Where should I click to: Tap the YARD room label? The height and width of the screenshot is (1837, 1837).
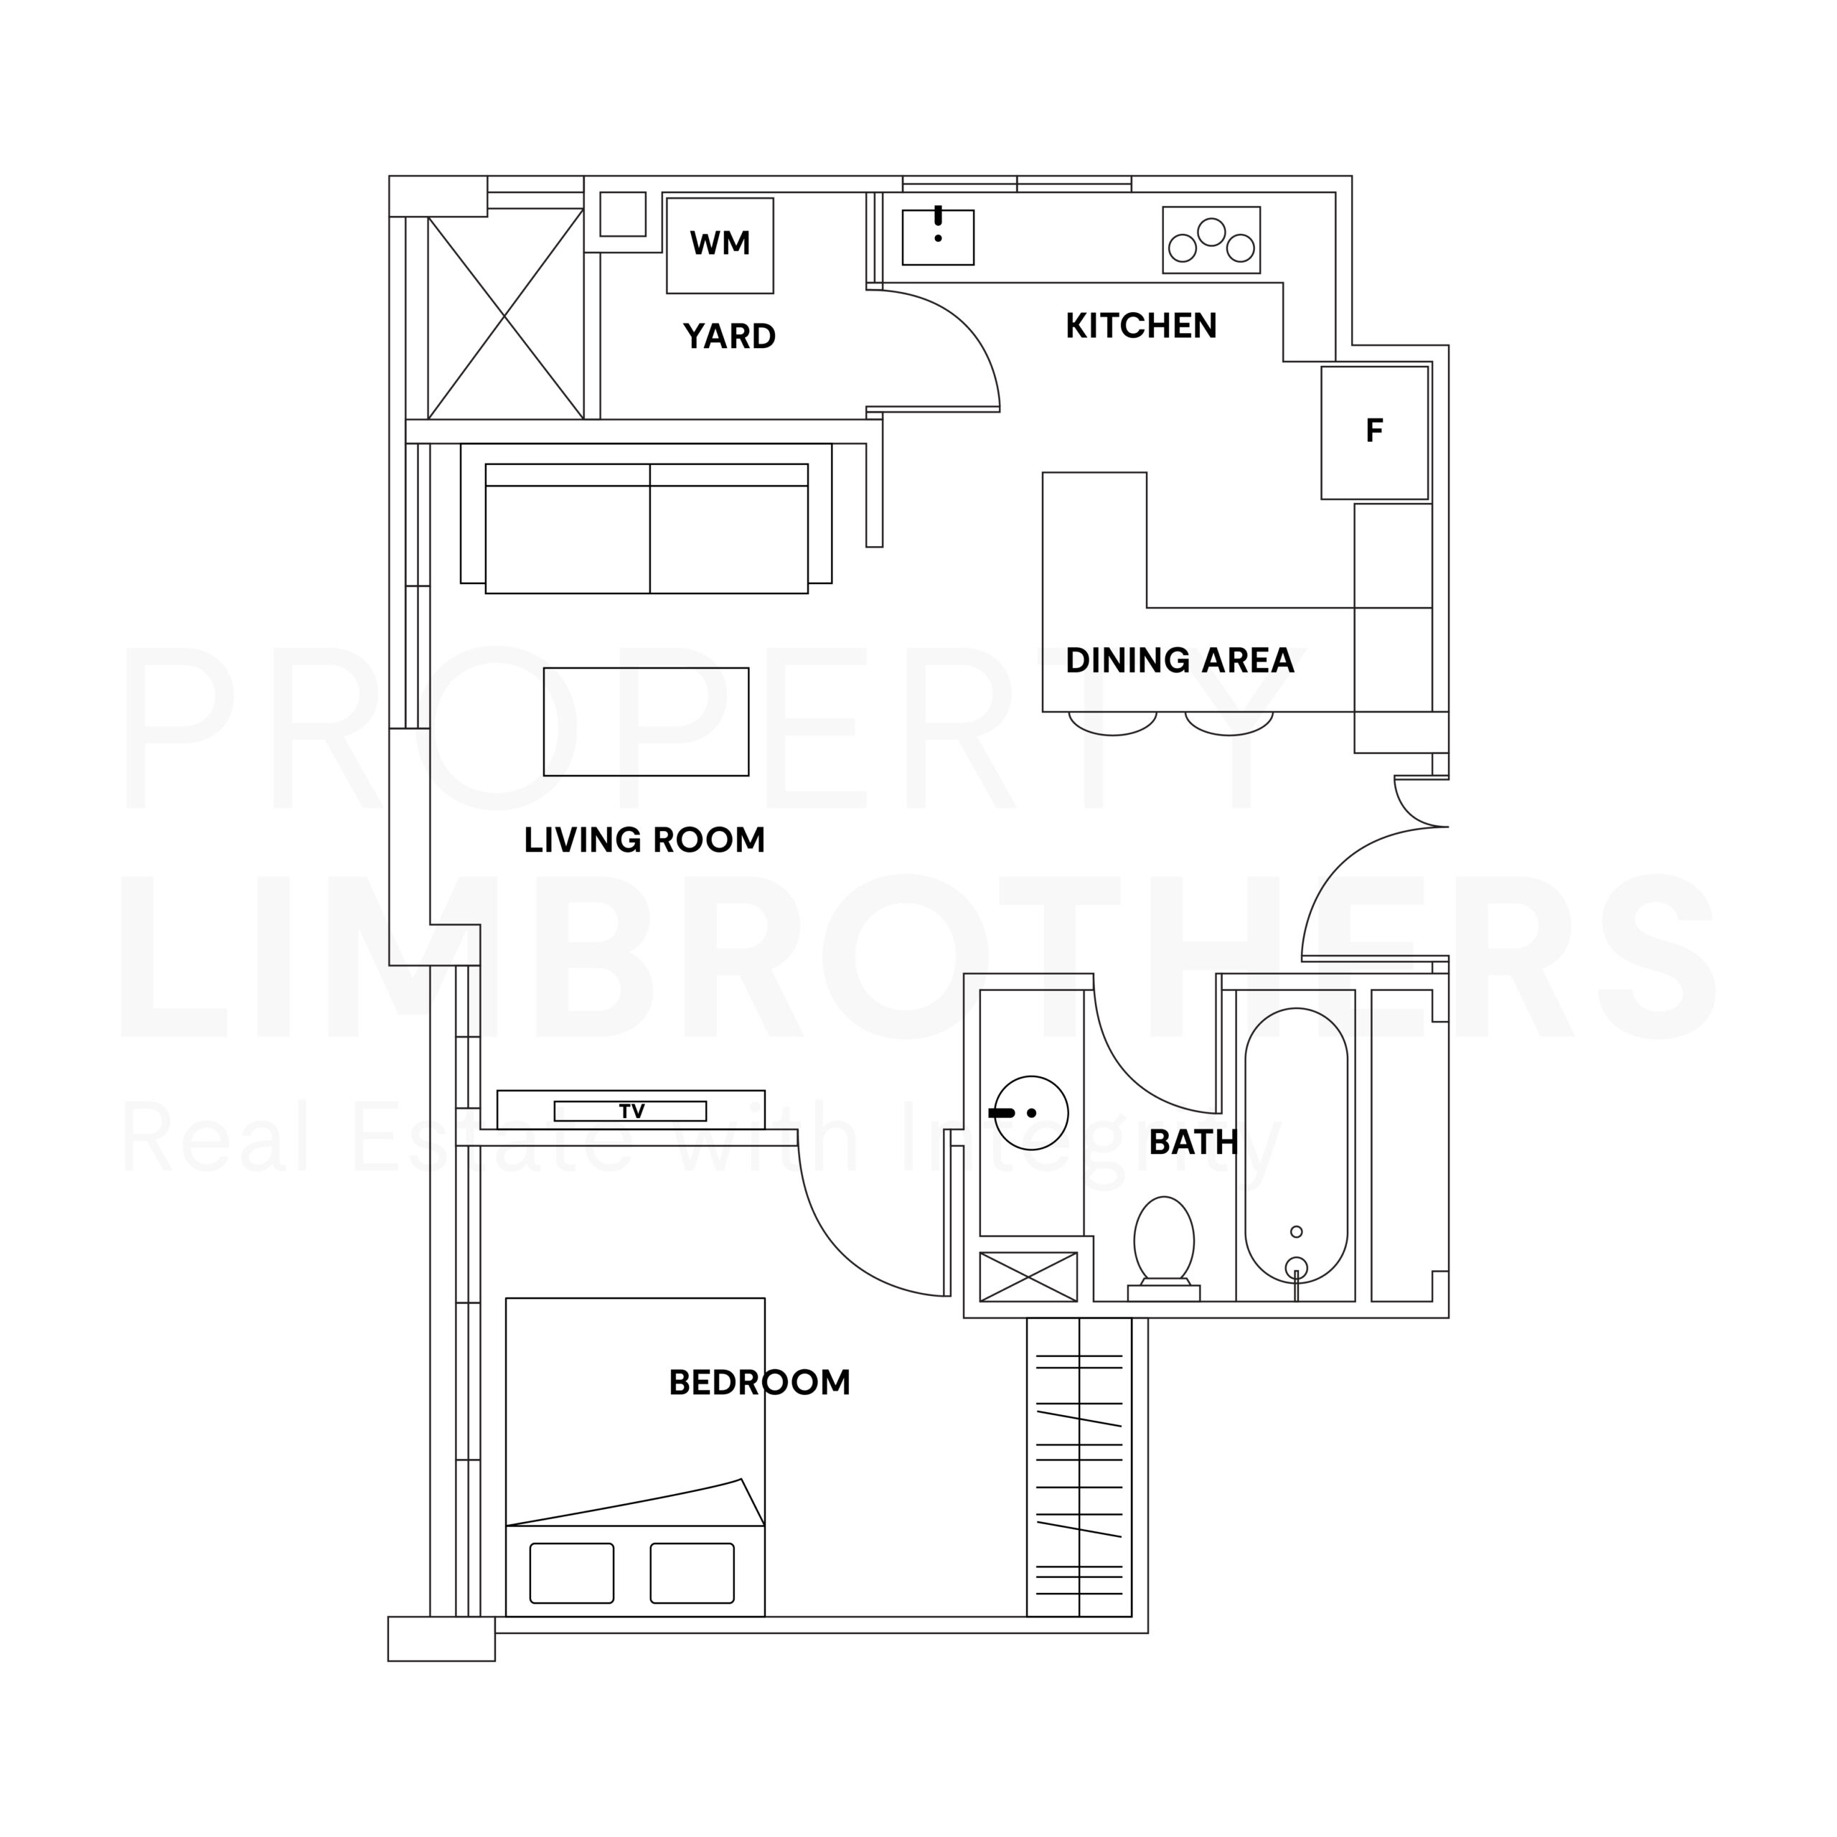[x=729, y=337]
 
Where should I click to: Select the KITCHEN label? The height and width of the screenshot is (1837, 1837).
[x=1140, y=326]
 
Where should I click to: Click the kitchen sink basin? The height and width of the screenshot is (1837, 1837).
[x=938, y=238]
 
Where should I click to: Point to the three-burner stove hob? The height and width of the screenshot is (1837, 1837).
[x=1211, y=240]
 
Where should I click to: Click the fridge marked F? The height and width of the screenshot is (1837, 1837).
[x=1374, y=432]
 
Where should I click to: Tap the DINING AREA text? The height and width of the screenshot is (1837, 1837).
[x=1179, y=661]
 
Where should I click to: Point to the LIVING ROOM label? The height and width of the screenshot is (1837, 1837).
[x=644, y=840]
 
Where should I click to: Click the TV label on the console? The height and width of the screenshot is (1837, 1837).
[x=631, y=1111]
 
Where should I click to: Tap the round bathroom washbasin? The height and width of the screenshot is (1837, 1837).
[x=1030, y=1112]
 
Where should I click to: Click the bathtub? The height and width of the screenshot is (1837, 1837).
[x=1295, y=1146]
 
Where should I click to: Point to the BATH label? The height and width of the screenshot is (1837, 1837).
[x=1193, y=1142]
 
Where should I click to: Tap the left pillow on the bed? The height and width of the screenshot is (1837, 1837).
[x=571, y=1573]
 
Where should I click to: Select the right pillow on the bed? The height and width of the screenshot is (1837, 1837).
[x=692, y=1573]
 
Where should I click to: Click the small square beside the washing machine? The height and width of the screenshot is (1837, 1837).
[x=623, y=214]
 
